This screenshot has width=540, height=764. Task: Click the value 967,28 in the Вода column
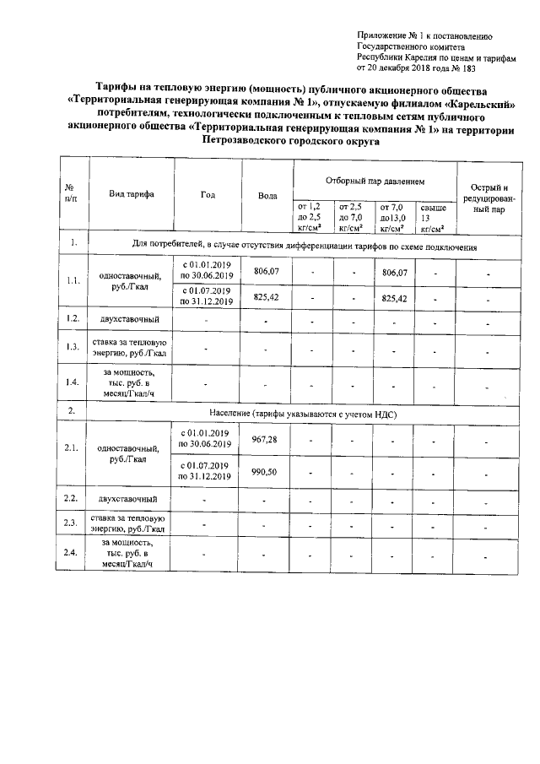point(267,439)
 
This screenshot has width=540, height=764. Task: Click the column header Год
point(207,194)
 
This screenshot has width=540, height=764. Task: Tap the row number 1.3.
point(72,347)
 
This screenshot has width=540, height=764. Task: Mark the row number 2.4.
point(72,553)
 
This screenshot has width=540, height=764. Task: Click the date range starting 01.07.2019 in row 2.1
point(207,471)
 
